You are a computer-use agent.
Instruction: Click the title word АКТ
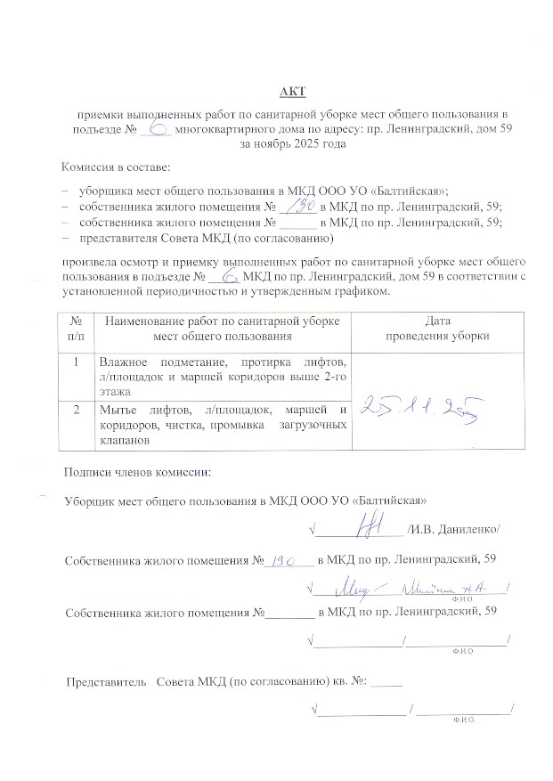pos(292,92)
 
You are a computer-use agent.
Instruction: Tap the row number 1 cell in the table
pos(77,362)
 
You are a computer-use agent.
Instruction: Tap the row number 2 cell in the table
pos(77,410)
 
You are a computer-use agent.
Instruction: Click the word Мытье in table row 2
pos(118,410)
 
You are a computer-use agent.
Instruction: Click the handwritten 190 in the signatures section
pos(285,561)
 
